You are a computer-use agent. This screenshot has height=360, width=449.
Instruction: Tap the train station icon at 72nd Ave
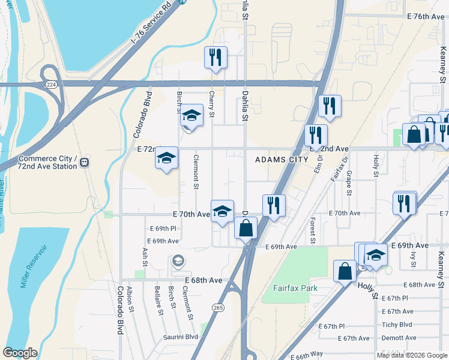point(85,162)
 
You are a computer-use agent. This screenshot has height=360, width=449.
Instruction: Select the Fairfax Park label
point(295,288)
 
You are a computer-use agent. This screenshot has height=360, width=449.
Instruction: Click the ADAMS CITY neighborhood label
point(282,160)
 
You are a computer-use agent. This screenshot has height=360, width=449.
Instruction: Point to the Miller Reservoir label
point(34,266)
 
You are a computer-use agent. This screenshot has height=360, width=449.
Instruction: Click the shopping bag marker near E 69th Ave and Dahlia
point(246,228)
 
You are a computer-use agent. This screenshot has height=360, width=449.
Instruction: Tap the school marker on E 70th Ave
point(222,211)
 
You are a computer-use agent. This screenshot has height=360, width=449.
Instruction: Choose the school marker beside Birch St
point(192,115)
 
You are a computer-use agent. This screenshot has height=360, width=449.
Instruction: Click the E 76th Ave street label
point(425,16)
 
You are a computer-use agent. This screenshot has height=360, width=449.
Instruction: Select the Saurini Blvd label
point(181,337)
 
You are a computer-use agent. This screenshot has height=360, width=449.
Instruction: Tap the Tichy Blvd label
point(397,325)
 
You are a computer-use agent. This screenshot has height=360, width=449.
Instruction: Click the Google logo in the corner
point(20,353)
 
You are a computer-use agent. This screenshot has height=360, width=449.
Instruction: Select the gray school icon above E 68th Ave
point(178,261)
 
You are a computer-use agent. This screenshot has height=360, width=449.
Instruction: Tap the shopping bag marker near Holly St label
point(346,271)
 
